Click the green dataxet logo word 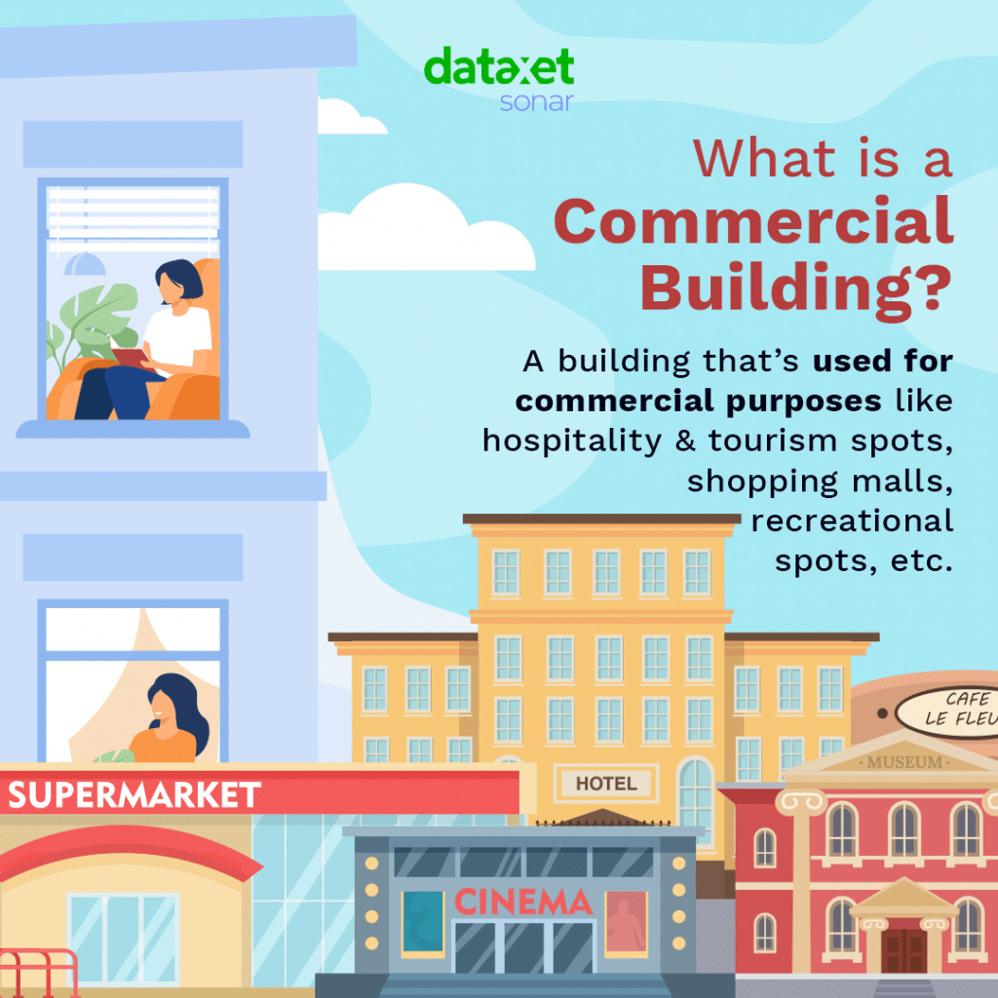pyautogui.click(x=498, y=66)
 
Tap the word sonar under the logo pyautogui.click(x=537, y=101)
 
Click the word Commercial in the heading pyautogui.click(x=753, y=220)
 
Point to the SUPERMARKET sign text pyautogui.click(x=134, y=795)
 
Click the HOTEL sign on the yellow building pyautogui.click(x=606, y=783)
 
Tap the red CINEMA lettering pyautogui.click(x=523, y=902)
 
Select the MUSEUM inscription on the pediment pyautogui.click(x=904, y=762)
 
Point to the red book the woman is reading pyautogui.click(x=132, y=359)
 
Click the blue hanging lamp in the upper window pyautogui.click(x=85, y=263)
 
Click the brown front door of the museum pyautogui.click(x=903, y=951)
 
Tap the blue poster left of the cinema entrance pyautogui.click(x=423, y=922)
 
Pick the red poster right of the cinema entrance pyautogui.click(x=626, y=922)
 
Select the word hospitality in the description pyautogui.click(x=572, y=441)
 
